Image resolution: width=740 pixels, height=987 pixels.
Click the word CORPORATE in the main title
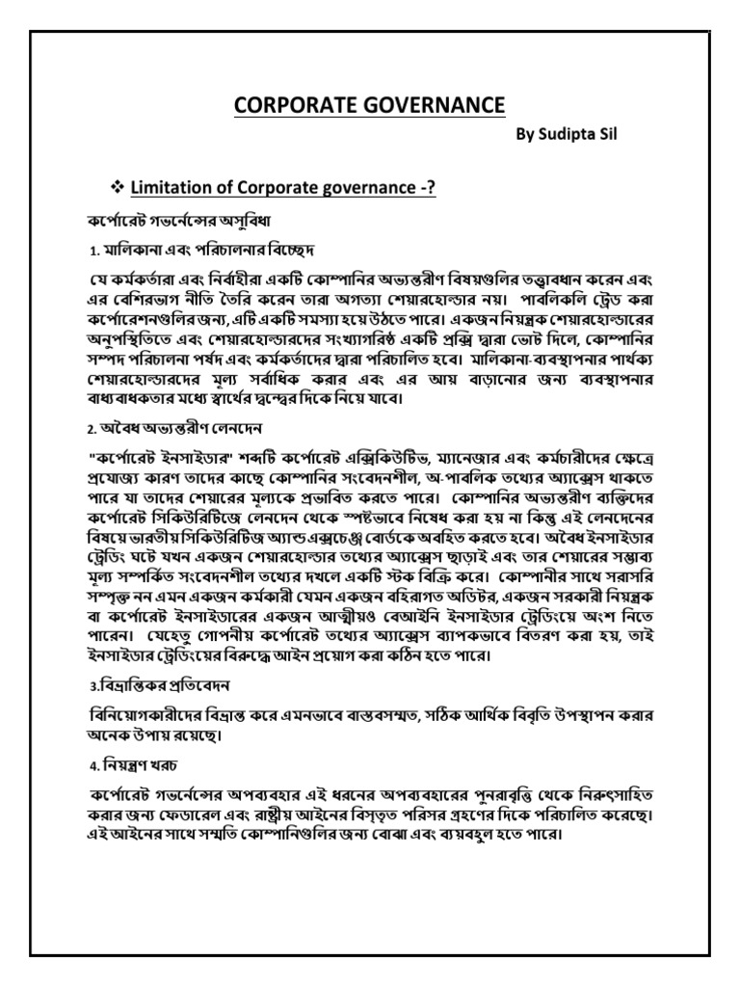(291, 104)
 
